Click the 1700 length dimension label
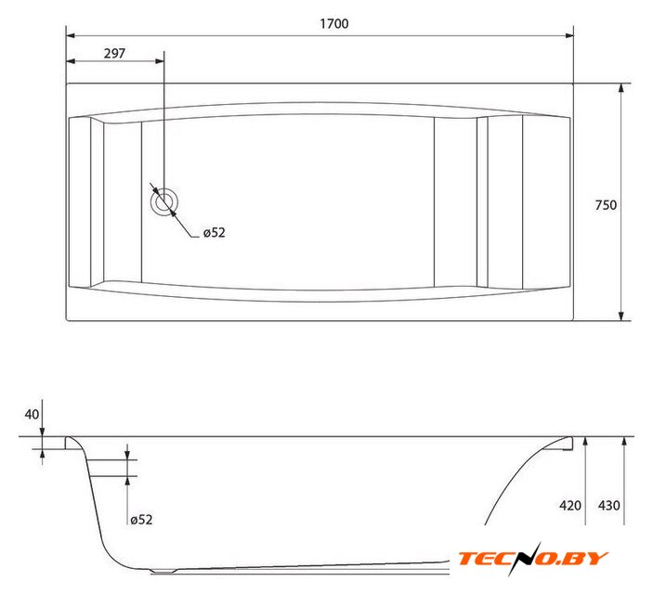[334, 24]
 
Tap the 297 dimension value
[114, 53]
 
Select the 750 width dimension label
[606, 205]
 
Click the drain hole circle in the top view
[164, 202]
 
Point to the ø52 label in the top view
[214, 232]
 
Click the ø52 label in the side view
[141, 520]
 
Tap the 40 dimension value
[32, 414]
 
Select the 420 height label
[570, 505]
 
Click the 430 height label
[608, 505]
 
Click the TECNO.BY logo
[533, 558]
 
